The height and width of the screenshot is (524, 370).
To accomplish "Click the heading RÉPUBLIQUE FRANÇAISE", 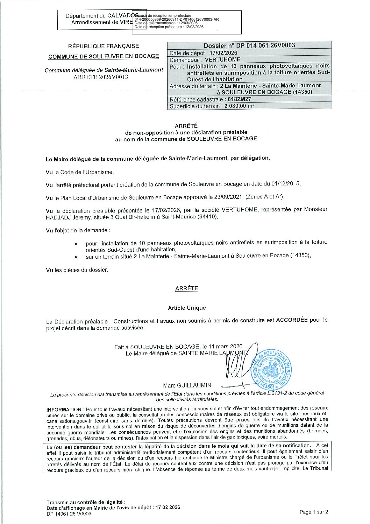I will point(103,46).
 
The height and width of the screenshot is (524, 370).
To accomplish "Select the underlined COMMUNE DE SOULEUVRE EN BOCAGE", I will point(104,56).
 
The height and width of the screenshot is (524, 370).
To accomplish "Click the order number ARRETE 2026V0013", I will point(101,77).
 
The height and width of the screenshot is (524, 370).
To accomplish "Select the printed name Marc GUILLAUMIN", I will point(187,385).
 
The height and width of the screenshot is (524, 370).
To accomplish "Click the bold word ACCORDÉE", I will point(292,320).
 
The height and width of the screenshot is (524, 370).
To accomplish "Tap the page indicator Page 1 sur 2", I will point(314,512).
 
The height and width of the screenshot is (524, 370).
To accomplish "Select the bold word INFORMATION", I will point(64,410).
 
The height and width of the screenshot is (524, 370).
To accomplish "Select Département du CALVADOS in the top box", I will point(101,16).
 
